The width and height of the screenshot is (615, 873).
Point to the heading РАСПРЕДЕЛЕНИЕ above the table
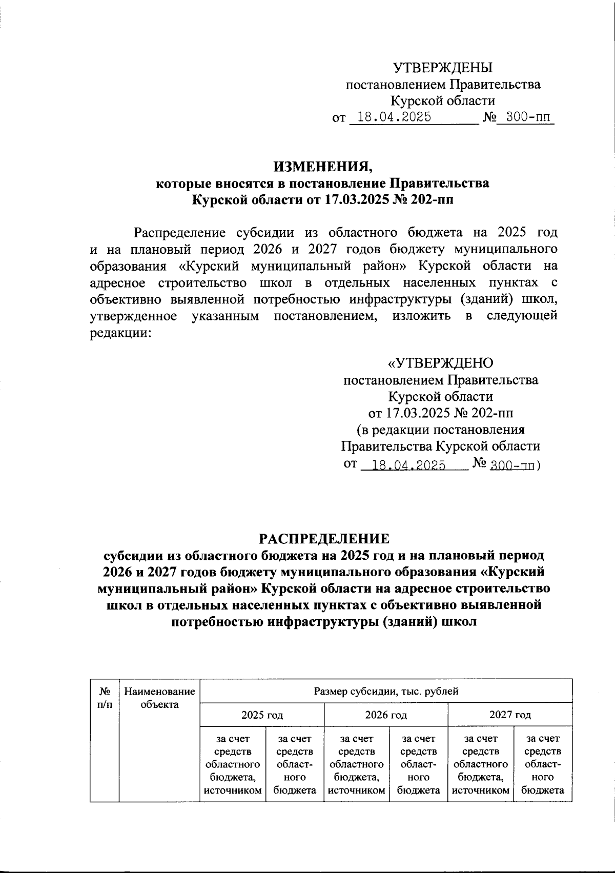(x=323, y=538)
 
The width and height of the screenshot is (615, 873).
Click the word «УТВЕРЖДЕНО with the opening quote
(x=440, y=363)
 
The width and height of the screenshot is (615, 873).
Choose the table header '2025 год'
(x=262, y=714)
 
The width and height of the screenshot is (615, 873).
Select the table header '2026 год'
(x=386, y=714)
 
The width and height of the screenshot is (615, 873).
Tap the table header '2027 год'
(x=509, y=714)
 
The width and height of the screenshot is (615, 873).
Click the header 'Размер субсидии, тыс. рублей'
(x=386, y=691)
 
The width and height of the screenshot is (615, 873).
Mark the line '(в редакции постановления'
(x=440, y=429)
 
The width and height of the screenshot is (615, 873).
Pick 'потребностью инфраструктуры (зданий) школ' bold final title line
(x=323, y=622)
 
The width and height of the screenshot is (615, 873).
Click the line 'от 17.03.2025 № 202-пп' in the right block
(x=440, y=413)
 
